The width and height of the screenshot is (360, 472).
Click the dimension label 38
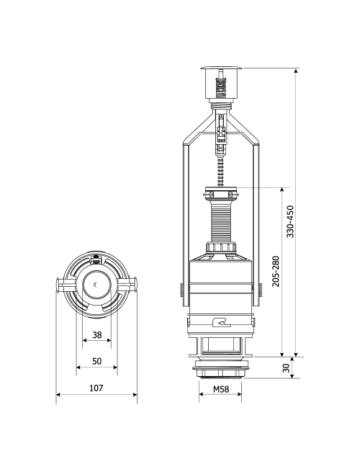[x=97, y=335]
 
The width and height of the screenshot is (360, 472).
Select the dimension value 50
[x=97, y=361]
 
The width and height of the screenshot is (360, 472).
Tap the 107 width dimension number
[x=96, y=388]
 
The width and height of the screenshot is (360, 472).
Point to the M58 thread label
[x=221, y=389]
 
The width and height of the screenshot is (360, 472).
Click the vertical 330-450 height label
[x=290, y=221]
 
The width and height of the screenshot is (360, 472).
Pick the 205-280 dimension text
[x=276, y=271]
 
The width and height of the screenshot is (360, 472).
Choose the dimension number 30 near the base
[x=286, y=368]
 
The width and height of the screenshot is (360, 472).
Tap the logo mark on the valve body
[x=221, y=322]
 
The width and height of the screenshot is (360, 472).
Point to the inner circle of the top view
[x=97, y=285]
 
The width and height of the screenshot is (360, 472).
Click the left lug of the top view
[x=63, y=285]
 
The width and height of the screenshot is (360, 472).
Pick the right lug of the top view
[x=129, y=285]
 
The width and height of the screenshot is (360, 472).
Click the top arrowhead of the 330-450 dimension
[x=296, y=71]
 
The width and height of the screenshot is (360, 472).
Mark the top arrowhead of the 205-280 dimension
[x=282, y=190]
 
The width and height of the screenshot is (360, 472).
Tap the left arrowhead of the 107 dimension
[x=58, y=395]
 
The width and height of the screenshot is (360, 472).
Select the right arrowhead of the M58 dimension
[x=239, y=394]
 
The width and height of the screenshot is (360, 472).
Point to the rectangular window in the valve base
[x=221, y=345]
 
